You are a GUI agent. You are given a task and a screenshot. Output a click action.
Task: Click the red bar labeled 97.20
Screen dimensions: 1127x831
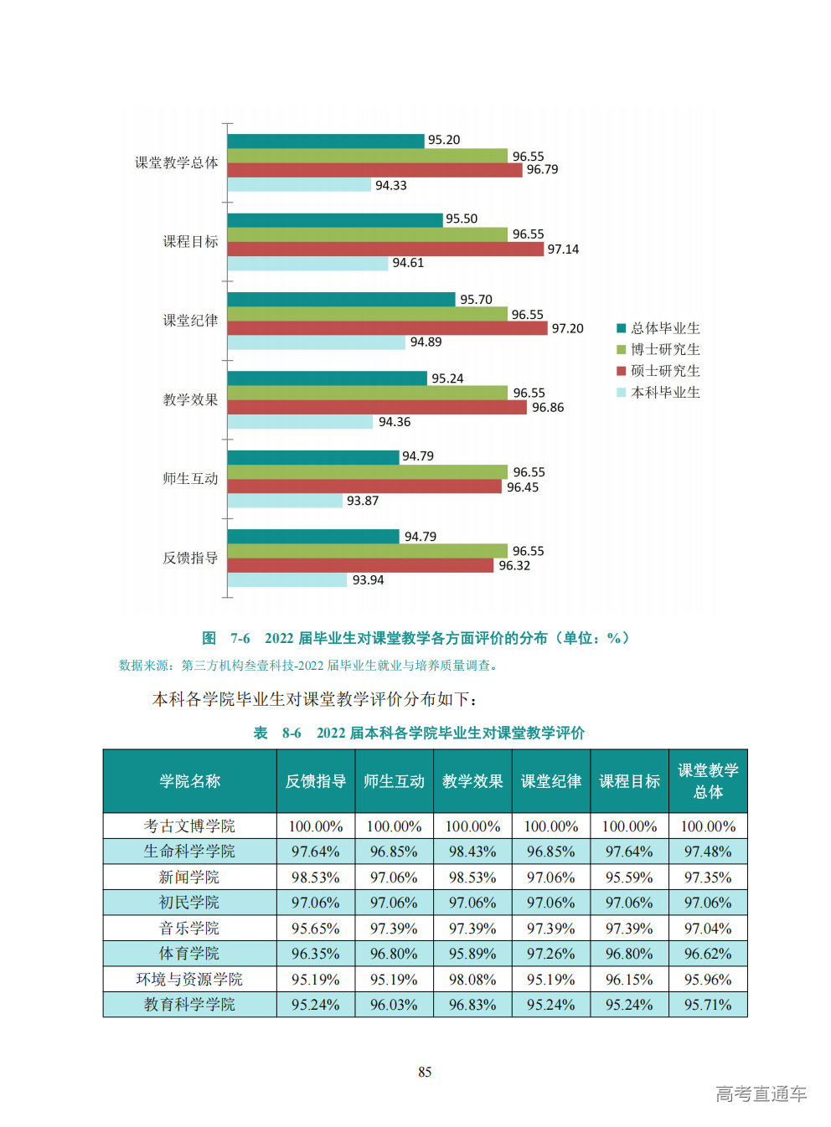click(x=386, y=328)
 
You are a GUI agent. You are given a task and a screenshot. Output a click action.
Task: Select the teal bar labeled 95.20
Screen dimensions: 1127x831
click(x=325, y=141)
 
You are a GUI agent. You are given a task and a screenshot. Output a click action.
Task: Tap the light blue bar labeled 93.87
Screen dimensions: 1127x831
click(x=284, y=501)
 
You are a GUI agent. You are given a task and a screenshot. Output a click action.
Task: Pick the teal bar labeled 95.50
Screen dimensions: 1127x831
click(x=334, y=219)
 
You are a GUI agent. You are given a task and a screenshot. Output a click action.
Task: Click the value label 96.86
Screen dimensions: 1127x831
click(x=548, y=408)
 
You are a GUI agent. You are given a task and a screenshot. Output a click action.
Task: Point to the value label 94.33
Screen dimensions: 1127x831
click(x=390, y=185)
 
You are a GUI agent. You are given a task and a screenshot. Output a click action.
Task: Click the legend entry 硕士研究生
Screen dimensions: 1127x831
click(x=664, y=371)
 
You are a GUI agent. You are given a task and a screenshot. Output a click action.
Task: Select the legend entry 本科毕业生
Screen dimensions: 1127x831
click(x=664, y=393)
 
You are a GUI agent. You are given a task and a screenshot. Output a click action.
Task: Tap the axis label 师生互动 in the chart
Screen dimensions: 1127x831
click(x=190, y=479)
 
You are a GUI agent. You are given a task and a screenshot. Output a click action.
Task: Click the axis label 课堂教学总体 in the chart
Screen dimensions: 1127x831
click(x=176, y=162)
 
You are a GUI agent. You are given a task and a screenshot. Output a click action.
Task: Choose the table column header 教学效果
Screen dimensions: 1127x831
click(x=472, y=781)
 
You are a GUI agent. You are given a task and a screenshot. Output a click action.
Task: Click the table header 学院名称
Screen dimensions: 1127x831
click(x=189, y=781)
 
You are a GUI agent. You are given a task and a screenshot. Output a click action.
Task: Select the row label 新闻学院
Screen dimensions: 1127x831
click(x=189, y=877)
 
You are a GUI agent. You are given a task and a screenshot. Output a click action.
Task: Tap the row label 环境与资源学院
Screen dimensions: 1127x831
click(x=189, y=979)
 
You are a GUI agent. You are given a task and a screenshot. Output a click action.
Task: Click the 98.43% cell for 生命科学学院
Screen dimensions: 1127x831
click(x=472, y=852)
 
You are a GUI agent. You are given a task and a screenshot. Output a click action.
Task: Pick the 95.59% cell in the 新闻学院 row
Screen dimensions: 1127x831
click(x=629, y=877)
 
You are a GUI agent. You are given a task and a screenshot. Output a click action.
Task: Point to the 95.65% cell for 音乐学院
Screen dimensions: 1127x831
click(x=316, y=929)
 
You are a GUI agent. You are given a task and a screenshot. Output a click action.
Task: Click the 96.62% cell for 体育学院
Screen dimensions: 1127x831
click(x=708, y=954)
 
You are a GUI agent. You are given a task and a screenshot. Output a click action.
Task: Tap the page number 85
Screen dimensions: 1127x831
click(x=425, y=1072)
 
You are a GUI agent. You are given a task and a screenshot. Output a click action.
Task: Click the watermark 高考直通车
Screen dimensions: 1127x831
click(x=761, y=1094)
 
